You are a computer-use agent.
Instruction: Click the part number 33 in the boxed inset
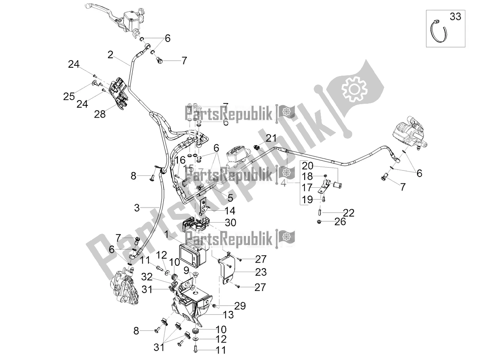pyautogui.click(x=455, y=17)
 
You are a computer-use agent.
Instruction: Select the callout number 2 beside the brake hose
pyautogui.click(x=111, y=54)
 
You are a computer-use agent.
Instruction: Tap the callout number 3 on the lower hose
pyautogui.click(x=137, y=208)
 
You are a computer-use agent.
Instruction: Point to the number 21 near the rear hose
pyautogui.click(x=271, y=138)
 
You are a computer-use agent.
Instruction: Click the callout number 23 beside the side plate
pyautogui.click(x=261, y=272)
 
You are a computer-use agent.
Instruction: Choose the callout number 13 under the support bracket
pyautogui.click(x=229, y=315)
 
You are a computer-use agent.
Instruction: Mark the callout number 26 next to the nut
pyautogui.click(x=340, y=221)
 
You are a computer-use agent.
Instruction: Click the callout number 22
pyautogui.click(x=349, y=213)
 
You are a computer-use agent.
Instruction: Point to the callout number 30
pyautogui.click(x=230, y=223)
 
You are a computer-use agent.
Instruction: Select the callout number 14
pyautogui.click(x=230, y=210)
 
